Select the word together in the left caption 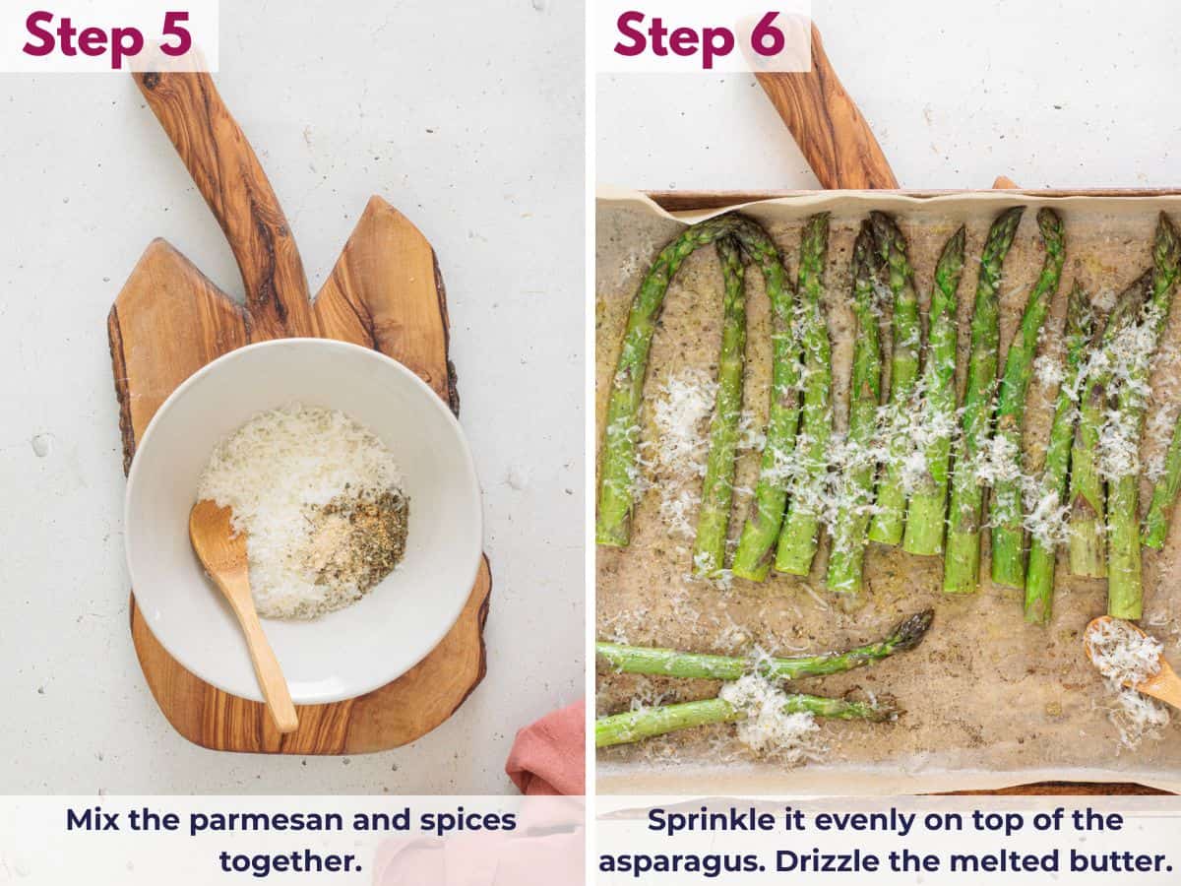coord(290,860)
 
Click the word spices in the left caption coord(463,820)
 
